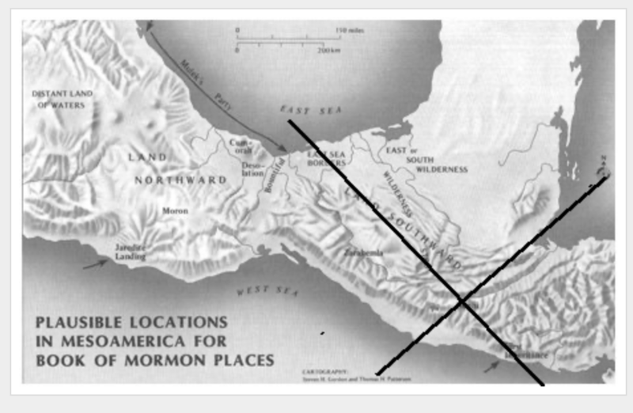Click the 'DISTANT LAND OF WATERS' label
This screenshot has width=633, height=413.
(63, 99)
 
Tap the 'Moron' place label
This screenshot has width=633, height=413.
(175, 211)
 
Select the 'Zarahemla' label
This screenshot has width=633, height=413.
(364, 253)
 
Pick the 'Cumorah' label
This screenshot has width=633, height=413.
(241, 146)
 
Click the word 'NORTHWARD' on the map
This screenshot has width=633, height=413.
(191, 180)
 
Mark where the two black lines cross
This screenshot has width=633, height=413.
(461, 300)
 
